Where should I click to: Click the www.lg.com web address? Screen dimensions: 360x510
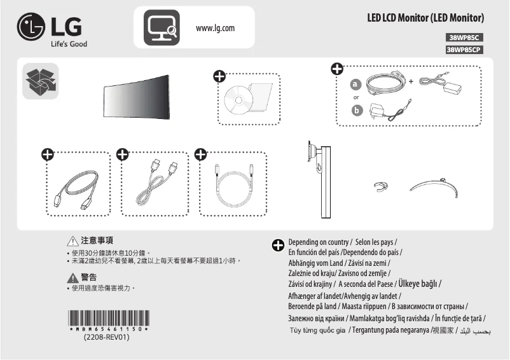pyautogui.click(x=216, y=28)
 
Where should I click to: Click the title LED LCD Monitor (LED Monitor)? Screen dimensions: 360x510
pyautogui.click(x=425, y=17)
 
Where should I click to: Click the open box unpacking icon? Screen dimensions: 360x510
pyautogui.click(x=39, y=81)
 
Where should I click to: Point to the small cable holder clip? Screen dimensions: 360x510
pyautogui.click(x=380, y=186)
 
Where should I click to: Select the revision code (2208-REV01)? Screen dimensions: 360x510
pyautogui.click(x=107, y=338)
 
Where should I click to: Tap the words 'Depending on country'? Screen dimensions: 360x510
pyautogui.click(x=318, y=242)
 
